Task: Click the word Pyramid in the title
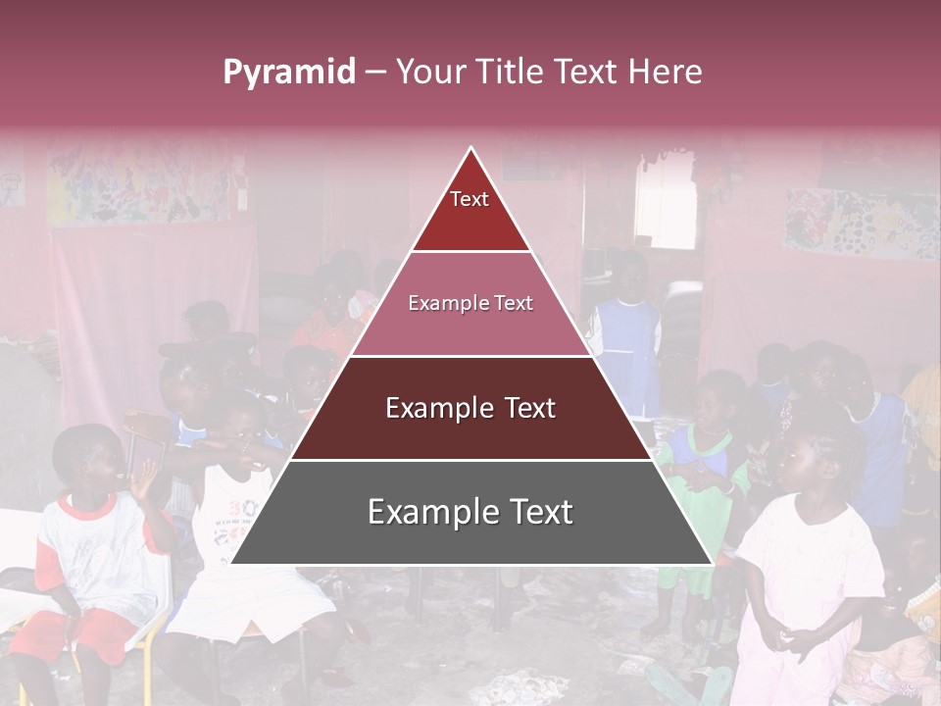289,73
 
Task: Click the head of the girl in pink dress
819,457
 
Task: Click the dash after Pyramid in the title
375,73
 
